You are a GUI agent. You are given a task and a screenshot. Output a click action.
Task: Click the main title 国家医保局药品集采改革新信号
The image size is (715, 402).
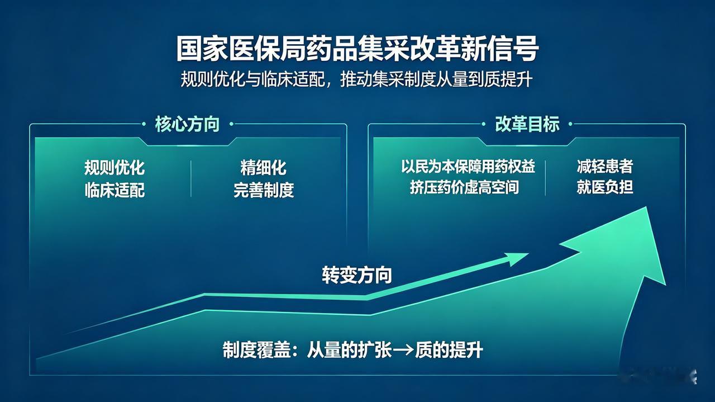[x=357, y=49]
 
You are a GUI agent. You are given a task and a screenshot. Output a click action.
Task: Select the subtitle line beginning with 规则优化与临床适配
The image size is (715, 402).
[x=356, y=79]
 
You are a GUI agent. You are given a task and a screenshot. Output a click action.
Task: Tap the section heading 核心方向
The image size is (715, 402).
[x=187, y=124]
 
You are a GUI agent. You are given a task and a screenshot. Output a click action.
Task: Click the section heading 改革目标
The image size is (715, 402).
[x=527, y=124]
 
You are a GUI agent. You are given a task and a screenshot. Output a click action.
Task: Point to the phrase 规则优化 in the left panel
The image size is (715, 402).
[x=115, y=167]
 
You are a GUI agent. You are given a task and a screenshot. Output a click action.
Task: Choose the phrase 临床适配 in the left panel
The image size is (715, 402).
[x=115, y=190]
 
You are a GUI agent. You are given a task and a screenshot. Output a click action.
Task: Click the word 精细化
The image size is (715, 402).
[x=263, y=167]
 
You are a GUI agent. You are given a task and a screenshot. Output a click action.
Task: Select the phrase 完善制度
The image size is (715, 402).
[x=263, y=190]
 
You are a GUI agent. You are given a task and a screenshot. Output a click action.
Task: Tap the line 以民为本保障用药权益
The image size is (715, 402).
[x=468, y=167]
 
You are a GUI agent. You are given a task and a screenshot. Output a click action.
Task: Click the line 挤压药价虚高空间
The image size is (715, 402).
[x=464, y=187]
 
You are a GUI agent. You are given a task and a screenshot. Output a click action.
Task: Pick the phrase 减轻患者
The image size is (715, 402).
[x=604, y=167]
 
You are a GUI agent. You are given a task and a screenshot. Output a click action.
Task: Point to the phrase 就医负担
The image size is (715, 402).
[x=604, y=187]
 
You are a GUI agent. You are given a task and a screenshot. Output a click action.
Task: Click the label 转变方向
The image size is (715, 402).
[x=357, y=275]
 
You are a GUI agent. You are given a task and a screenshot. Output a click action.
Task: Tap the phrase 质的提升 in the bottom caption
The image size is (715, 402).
[x=449, y=351]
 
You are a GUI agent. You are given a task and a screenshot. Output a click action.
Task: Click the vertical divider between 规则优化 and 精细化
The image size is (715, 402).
[x=191, y=178]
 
